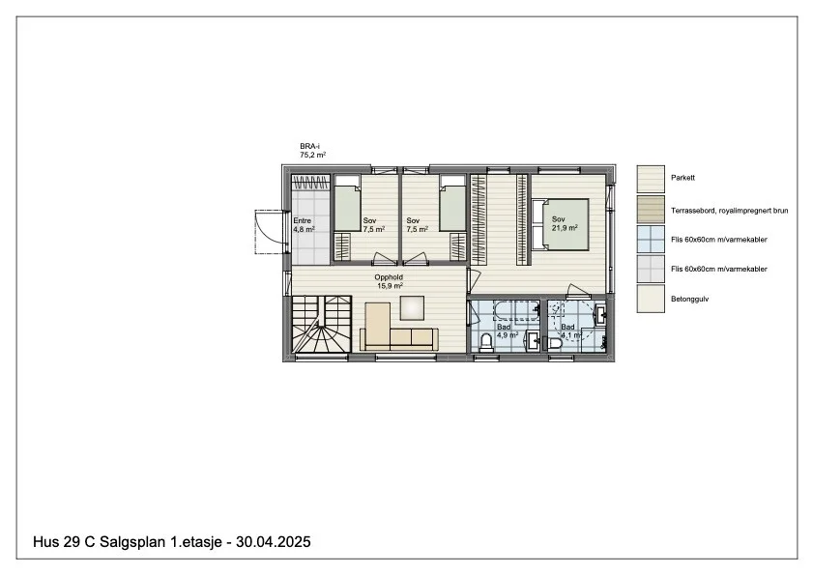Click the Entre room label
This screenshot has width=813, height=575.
point(303,221)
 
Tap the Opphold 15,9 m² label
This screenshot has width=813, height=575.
point(389,281)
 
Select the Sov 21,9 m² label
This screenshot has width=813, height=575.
point(565,223)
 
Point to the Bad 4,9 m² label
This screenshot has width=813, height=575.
point(508,331)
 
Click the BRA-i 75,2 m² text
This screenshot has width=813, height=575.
point(312,151)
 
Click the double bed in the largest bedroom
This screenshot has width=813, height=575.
point(561,224)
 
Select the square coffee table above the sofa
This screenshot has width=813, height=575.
point(412,308)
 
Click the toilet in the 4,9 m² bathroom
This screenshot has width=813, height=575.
point(486,343)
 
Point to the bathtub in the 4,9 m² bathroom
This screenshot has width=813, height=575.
point(516,312)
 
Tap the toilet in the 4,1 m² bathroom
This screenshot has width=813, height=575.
point(554,344)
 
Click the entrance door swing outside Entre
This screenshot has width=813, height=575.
point(269,232)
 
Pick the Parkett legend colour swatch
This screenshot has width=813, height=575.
point(651,180)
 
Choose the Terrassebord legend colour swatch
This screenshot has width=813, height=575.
point(651,210)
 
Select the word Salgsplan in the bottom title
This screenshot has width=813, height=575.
point(132,542)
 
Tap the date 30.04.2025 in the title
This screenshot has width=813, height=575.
point(274,542)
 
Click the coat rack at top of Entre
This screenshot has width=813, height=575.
point(310,182)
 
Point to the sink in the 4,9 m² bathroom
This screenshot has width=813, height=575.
point(532,339)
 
